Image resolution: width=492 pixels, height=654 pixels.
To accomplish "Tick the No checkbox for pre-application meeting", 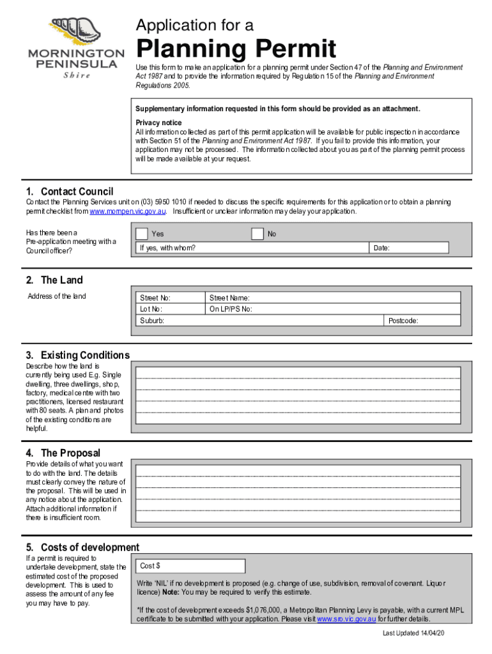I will point(258,234).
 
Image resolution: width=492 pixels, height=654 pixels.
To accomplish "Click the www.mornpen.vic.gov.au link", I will point(128,211).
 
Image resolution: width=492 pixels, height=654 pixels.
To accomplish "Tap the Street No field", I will point(171,298).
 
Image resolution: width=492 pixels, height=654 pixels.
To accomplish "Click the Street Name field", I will point(332,298).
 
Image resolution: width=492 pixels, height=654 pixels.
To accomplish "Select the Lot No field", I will point(171,309).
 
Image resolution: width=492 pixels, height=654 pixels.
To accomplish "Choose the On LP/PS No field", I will point(332,309).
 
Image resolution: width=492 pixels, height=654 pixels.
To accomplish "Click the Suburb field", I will point(259,321).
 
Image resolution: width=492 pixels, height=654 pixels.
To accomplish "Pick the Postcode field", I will point(422,321).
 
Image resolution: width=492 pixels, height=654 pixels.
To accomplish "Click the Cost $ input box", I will point(190,566).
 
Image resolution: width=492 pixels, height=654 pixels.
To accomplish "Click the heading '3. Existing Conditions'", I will point(77,355).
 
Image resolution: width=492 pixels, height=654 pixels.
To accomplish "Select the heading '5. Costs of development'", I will point(82,547).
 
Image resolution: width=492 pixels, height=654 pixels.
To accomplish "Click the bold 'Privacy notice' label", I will point(158,123).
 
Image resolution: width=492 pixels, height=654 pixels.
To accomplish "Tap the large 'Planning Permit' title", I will point(236,49).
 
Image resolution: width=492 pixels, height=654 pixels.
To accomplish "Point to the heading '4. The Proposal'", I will point(63,453).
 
